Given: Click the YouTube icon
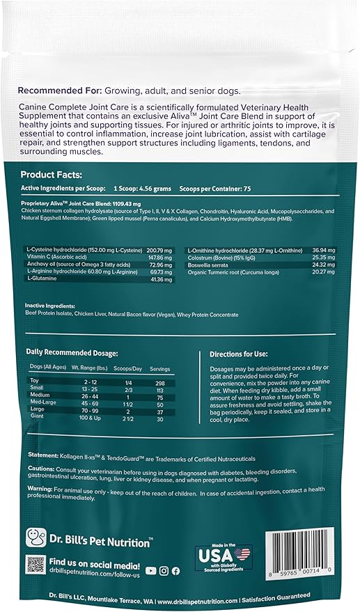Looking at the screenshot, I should click(152, 570).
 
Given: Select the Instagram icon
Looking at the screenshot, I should click(164, 570).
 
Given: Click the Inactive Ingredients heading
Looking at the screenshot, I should click(56, 305).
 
